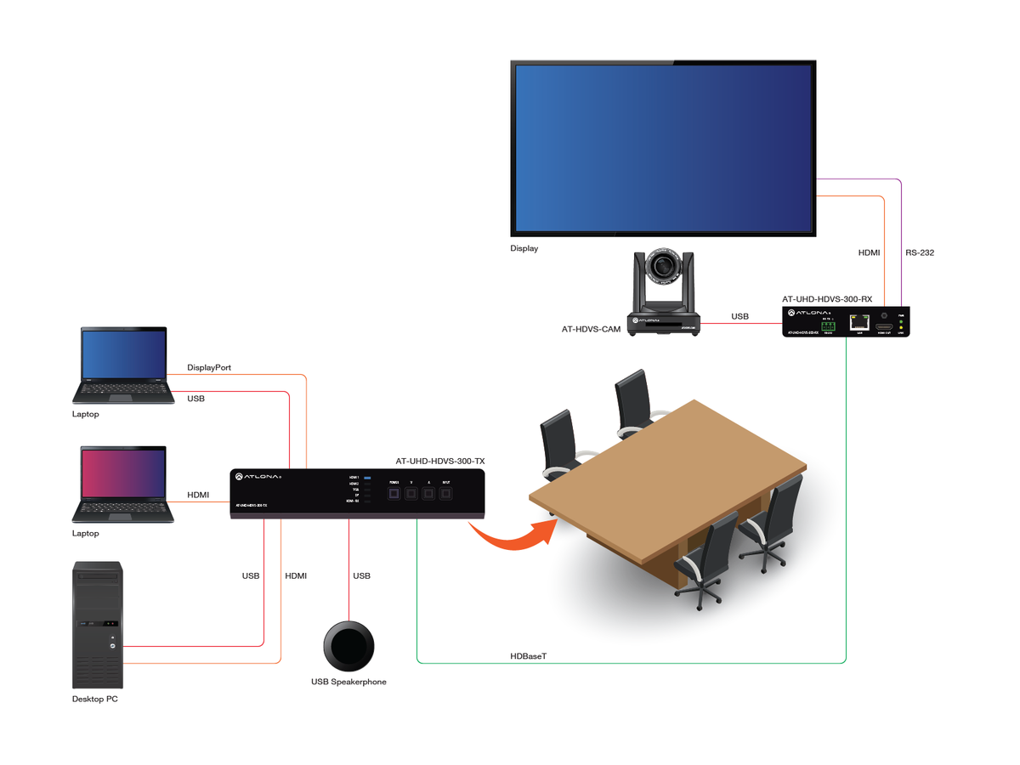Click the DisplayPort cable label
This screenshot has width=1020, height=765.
tap(209, 368)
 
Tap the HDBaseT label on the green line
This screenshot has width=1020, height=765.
tap(529, 656)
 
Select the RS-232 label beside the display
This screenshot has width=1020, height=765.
tap(920, 252)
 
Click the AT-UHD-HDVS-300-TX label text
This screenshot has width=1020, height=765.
tap(440, 462)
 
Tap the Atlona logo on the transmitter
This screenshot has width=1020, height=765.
tap(258, 477)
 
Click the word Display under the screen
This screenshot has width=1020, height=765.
tap(524, 249)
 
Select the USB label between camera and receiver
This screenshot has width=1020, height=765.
tap(740, 317)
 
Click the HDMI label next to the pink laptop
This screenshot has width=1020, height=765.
tap(198, 495)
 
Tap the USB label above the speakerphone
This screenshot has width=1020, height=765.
tap(361, 576)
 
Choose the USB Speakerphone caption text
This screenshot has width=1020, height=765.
tap(348, 682)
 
